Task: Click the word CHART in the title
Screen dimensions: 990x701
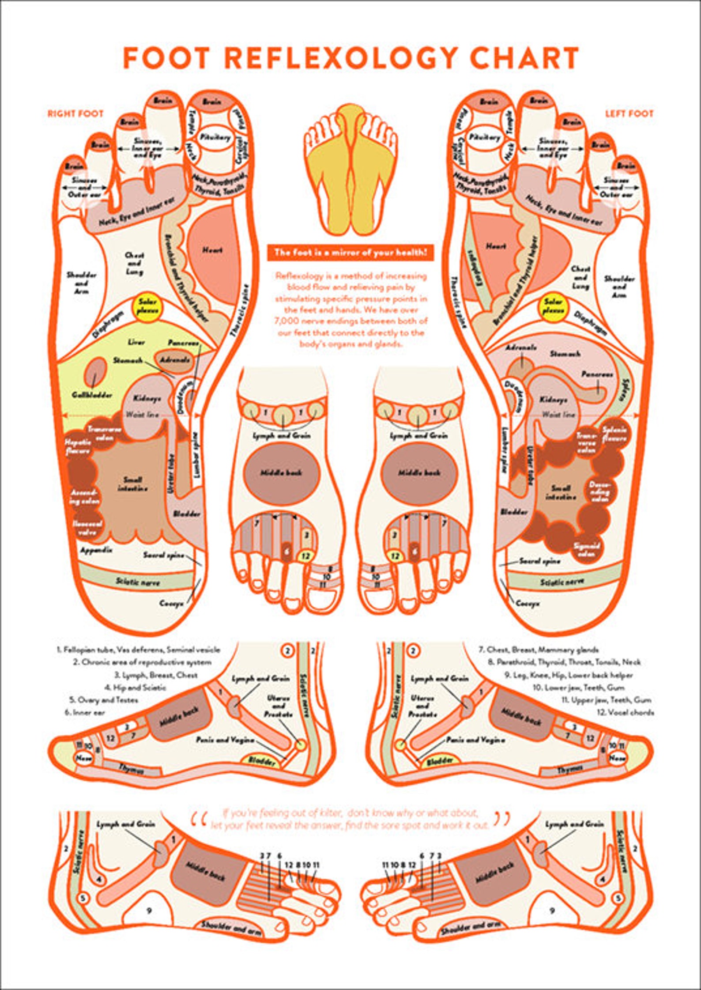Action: (x=525, y=58)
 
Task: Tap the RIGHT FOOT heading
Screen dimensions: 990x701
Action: (x=75, y=113)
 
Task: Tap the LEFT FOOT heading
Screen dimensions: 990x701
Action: (x=629, y=113)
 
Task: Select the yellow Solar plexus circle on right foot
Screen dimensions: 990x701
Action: (x=148, y=306)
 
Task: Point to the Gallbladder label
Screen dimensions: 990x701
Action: (x=92, y=395)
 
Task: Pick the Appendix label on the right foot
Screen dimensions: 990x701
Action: (x=96, y=551)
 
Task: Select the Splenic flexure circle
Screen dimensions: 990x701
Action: (x=614, y=435)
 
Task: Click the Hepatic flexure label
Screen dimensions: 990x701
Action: (x=78, y=446)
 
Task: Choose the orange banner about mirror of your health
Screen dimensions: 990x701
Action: (x=350, y=253)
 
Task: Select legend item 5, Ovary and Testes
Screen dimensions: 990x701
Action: (x=103, y=700)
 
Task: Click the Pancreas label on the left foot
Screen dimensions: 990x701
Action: (x=597, y=374)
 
